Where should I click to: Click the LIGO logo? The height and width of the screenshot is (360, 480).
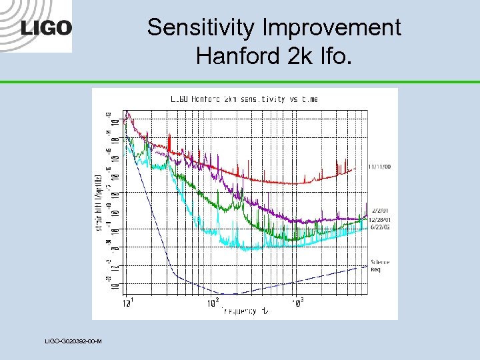pyautogui.click(x=46, y=28)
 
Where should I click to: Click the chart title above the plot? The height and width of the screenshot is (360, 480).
pyautogui.click(x=244, y=99)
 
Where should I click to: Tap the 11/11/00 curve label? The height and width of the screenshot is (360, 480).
pyautogui.click(x=379, y=167)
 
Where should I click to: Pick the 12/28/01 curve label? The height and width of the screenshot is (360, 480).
pyautogui.click(x=380, y=218)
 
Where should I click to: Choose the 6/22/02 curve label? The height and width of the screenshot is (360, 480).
pyautogui.click(x=380, y=226)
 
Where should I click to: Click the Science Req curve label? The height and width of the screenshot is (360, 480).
pyautogui.click(x=380, y=265)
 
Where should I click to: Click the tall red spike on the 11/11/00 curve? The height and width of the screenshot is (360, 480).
pyautogui.click(x=171, y=143)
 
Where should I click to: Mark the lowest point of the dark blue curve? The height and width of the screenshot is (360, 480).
pyautogui.click(x=230, y=293)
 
